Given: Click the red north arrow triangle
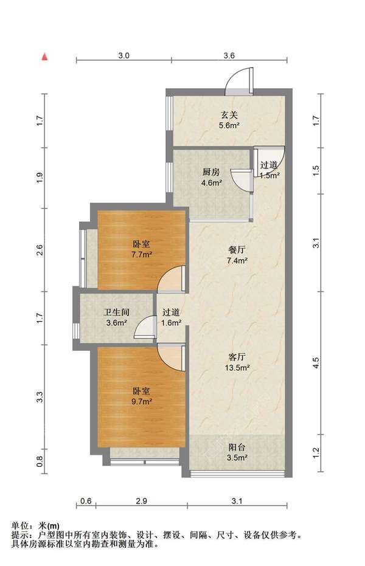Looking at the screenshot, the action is [44, 57].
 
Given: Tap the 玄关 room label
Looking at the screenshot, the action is [229, 115].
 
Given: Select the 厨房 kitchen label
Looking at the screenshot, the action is [211, 172].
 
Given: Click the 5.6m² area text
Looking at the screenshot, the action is [229, 126].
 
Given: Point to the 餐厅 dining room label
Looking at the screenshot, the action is [237, 249].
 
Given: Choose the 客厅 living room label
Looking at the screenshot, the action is [237, 357].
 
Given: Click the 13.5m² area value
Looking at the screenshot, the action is [237, 368].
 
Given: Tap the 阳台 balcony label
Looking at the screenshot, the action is [237, 447].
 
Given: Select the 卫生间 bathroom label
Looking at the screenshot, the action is [116, 312].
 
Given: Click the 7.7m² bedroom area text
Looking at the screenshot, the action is [142, 255].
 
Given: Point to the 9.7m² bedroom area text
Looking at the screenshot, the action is [142, 401].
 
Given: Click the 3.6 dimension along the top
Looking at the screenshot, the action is [229, 55].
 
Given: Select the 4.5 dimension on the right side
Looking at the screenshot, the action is [316, 362].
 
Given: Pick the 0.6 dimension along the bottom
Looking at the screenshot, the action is [86, 501].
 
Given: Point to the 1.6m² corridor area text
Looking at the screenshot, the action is [171, 323].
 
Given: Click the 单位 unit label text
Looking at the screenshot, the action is [20, 526].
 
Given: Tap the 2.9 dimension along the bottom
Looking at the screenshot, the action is [141, 501].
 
